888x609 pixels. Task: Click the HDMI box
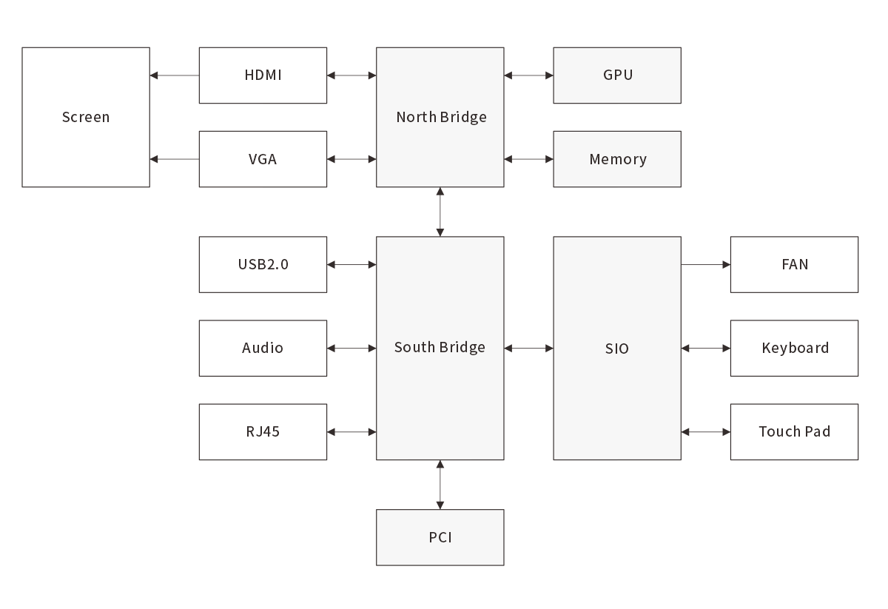tap(263, 75)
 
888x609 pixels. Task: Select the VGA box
tap(263, 159)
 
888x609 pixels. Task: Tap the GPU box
tap(617, 75)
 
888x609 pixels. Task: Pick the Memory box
tap(617, 159)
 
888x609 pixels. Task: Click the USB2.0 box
tap(263, 264)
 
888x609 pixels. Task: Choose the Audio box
tap(263, 348)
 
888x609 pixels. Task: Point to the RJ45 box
tap(263, 431)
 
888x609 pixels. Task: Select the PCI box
tap(440, 537)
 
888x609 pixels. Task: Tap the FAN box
tap(794, 264)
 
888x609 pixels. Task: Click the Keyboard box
tap(794, 348)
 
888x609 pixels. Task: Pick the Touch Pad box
tap(794, 431)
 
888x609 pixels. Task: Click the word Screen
tap(86, 117)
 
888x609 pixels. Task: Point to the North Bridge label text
tap(441, 117)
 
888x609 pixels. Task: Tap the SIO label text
tap(616, 348)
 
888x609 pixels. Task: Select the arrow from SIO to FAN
tap(705, 264)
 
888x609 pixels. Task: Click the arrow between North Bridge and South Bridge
tap(440, 212)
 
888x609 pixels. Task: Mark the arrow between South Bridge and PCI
tap(440, 485)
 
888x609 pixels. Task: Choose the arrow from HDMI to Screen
tap(174, 75)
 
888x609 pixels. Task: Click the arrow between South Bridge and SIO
tap(528, 348)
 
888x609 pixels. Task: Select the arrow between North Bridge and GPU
tap(528, 75)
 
